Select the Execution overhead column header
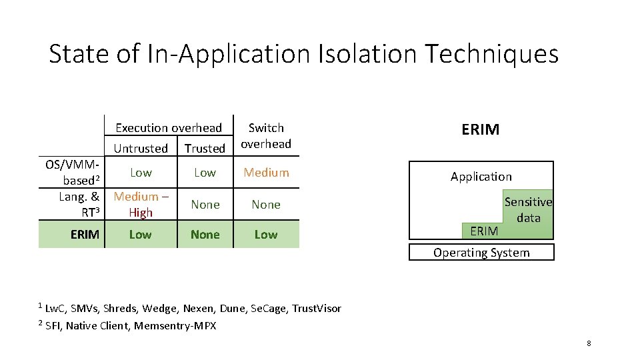tap(169, 128)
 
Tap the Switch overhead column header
tap(266, 135)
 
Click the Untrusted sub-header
tap(141, 149)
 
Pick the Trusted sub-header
tap(205, 149)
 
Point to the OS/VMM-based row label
tap(73, 172)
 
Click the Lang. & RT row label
tap(79, 204)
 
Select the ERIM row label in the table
tap(85, 235)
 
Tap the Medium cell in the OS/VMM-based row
tap(266, 173)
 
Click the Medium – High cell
tap(141, 204)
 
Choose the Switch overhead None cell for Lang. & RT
tap(266, 205)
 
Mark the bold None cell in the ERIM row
tap(205, 235)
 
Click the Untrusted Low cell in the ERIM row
tap(140, 235)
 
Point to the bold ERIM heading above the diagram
tap(480, 129)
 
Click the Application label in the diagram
tap(481, 177)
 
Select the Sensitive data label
tap(528, 209)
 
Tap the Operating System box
tap(481, 253)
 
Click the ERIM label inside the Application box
tap(484, 231)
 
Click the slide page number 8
tap(589, 343)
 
